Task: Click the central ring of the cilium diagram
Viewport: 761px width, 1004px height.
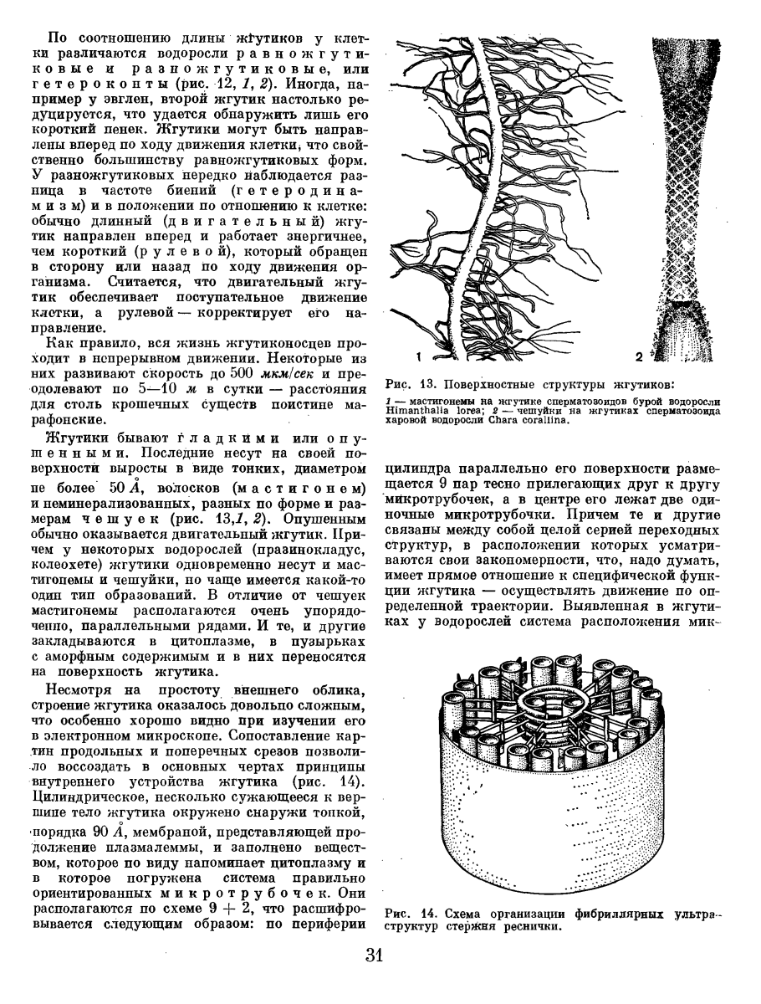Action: (x=552, y=699)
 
